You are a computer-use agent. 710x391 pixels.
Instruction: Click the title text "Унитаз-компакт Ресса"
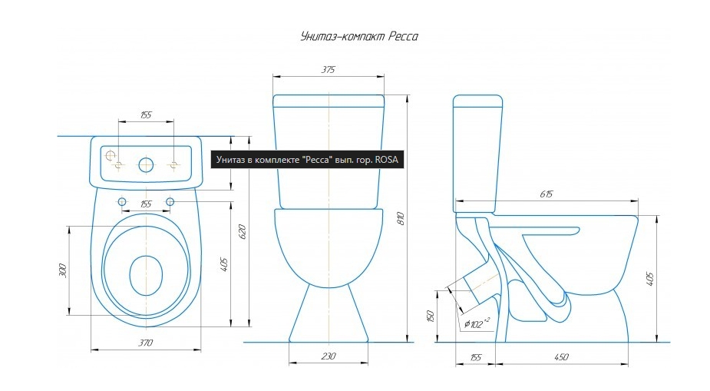359,36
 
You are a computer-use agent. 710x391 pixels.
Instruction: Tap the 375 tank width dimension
329,70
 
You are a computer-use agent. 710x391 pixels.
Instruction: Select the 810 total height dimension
401,218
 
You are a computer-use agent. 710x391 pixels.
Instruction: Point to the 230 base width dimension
329,356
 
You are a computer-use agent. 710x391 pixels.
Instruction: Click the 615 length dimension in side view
546,194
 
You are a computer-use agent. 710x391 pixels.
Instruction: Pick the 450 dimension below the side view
561,357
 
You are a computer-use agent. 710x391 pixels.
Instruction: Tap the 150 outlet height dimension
430,316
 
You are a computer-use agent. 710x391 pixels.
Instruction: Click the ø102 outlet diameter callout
477,324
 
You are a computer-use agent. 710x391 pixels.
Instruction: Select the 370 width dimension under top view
146,343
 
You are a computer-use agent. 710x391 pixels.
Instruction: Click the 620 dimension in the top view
243,231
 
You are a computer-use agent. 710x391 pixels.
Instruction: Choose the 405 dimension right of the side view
650,279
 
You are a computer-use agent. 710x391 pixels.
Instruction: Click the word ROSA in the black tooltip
386,160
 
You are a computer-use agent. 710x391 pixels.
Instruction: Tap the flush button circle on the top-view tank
146,165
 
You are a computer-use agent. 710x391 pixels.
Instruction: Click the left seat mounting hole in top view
122,201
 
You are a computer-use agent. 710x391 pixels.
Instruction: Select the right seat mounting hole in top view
170,201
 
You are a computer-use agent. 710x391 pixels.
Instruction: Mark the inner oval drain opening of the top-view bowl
147,275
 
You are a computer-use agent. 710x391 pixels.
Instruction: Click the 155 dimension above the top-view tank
146,115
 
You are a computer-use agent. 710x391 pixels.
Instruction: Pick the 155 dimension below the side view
475,357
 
